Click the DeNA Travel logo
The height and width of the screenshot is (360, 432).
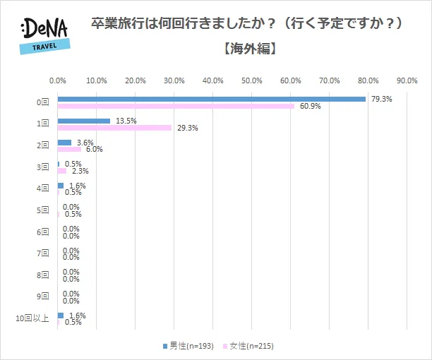[x=44, y=33]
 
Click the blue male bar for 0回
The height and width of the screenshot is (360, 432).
[x=212, y=99]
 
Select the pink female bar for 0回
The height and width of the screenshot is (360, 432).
[x=176, y=106]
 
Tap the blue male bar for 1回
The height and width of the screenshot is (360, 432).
[x=84, y=121]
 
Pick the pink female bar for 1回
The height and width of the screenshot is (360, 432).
[x=114, y=128]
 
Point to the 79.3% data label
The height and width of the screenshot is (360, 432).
[x=381, y=99]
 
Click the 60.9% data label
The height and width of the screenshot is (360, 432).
[x=310, y=107]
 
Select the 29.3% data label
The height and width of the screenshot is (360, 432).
[x=187, y=128]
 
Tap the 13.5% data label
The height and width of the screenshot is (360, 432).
[x=126, y=121]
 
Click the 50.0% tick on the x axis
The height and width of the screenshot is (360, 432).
[x=252, y=80]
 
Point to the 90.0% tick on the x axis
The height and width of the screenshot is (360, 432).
[x=407, y=80]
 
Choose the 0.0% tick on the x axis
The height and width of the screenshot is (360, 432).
[x=58, y=80]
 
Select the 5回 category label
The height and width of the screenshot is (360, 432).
[x=43, y=210]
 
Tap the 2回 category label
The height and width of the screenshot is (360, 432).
[x=43, y=145]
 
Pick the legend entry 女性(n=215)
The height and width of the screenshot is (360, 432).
[x=248, y=346]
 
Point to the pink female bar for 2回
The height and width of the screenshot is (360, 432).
[x=69, y=150]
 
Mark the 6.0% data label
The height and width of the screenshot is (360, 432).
[x=95, y=150]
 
